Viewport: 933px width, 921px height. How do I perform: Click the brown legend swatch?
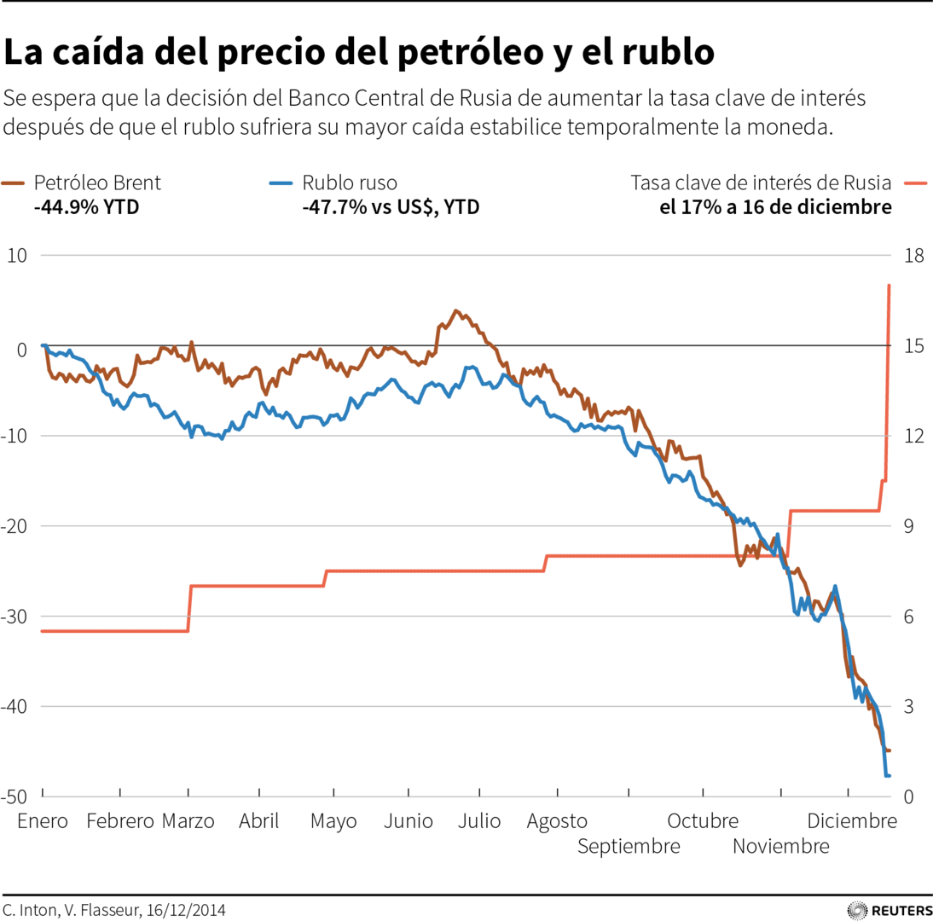tap(13, 182)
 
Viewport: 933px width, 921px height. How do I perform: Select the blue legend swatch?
tap(281, 182)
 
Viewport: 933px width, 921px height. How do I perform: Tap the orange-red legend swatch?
tap(915, 182)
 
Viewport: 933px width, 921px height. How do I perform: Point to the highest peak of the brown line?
tap(456, 310)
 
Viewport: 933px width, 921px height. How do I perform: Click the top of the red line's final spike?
tap(890, 285)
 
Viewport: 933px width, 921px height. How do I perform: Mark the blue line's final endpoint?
tap(889, 775)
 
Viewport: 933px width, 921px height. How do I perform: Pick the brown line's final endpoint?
tap(890, 750)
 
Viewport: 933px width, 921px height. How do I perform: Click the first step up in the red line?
tap(188, 608)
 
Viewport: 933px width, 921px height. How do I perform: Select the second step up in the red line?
tap(326, 578)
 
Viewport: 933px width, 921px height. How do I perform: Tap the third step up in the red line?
tap(545, 564)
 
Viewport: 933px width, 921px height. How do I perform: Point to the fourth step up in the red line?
tap(789, 533)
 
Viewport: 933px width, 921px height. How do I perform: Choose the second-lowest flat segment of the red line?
tap(256, 586)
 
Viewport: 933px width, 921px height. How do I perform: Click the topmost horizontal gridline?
tap(466, 255)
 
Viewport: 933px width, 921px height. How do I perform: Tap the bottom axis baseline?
tap(466, 796)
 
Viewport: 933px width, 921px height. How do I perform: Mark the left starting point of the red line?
tap(41, 631)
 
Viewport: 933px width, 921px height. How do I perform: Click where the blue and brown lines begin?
tap(42, 345)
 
